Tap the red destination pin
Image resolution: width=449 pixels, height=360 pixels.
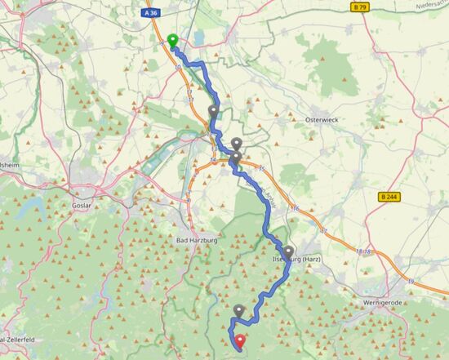click(x=239, y=342)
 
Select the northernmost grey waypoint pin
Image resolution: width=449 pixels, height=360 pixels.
click(x=214, y=111)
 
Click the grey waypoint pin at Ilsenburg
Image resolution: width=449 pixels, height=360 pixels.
click(x=288, y=251)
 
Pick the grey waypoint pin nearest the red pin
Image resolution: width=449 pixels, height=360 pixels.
click(x=238, y=310)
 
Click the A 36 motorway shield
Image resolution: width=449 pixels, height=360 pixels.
click(x=149, y=12)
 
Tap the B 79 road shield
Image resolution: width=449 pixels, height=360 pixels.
click(x=358, y=7)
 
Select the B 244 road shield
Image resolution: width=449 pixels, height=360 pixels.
click(x=390, y=197)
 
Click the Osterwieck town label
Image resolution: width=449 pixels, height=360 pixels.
click(x=321, y=119)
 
